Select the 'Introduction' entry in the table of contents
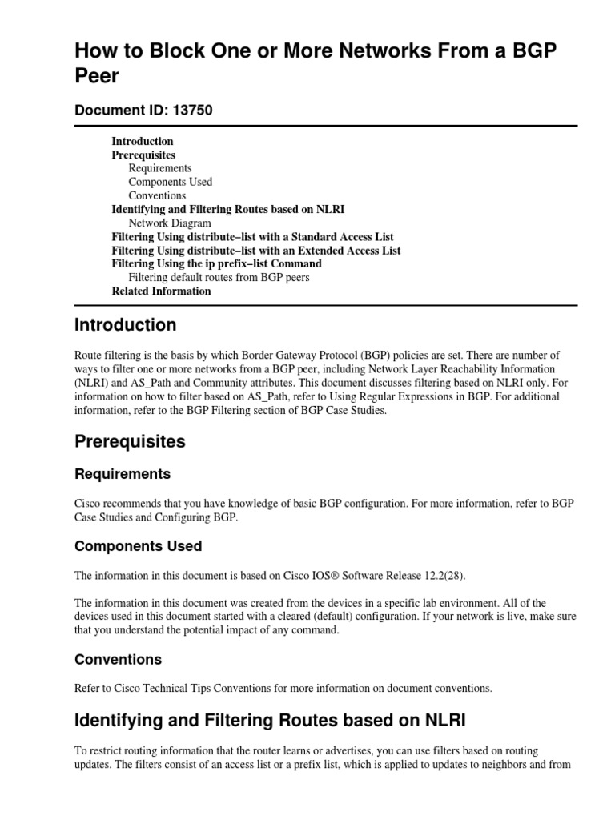143,142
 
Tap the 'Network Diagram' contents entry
170,223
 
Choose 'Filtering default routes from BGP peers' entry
219,278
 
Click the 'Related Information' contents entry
161,291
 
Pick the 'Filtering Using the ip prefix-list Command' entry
216,263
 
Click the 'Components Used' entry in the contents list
171,182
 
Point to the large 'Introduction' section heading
126,325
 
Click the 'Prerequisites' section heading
130,441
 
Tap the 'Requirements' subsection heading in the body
123,474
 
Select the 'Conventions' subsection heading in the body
118,659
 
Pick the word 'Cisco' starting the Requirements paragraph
89,504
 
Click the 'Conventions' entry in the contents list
157,195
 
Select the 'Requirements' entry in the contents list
160,168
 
